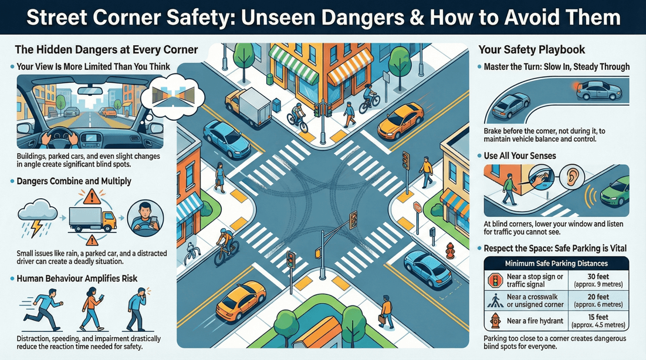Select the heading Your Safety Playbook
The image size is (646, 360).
532,50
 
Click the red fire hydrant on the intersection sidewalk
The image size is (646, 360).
450,250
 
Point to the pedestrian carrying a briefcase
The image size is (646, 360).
385,313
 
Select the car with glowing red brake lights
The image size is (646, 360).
599,91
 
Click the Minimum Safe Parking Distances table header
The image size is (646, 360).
555,263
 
